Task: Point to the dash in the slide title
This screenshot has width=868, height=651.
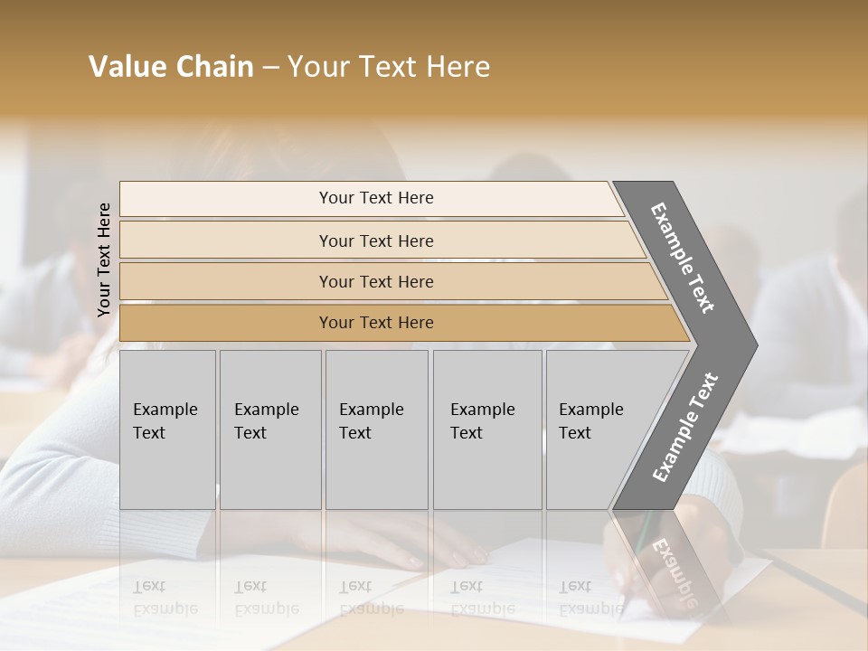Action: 269,68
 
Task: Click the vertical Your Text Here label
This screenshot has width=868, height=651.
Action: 104,259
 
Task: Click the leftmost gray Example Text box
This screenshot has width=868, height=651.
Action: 167,429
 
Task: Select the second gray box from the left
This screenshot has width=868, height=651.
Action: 269,429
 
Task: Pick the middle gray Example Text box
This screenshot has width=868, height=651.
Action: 376,429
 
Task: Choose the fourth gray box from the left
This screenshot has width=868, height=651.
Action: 486,429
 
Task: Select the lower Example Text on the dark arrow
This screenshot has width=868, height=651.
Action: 684,428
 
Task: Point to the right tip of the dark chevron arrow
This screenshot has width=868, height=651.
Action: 755,344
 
